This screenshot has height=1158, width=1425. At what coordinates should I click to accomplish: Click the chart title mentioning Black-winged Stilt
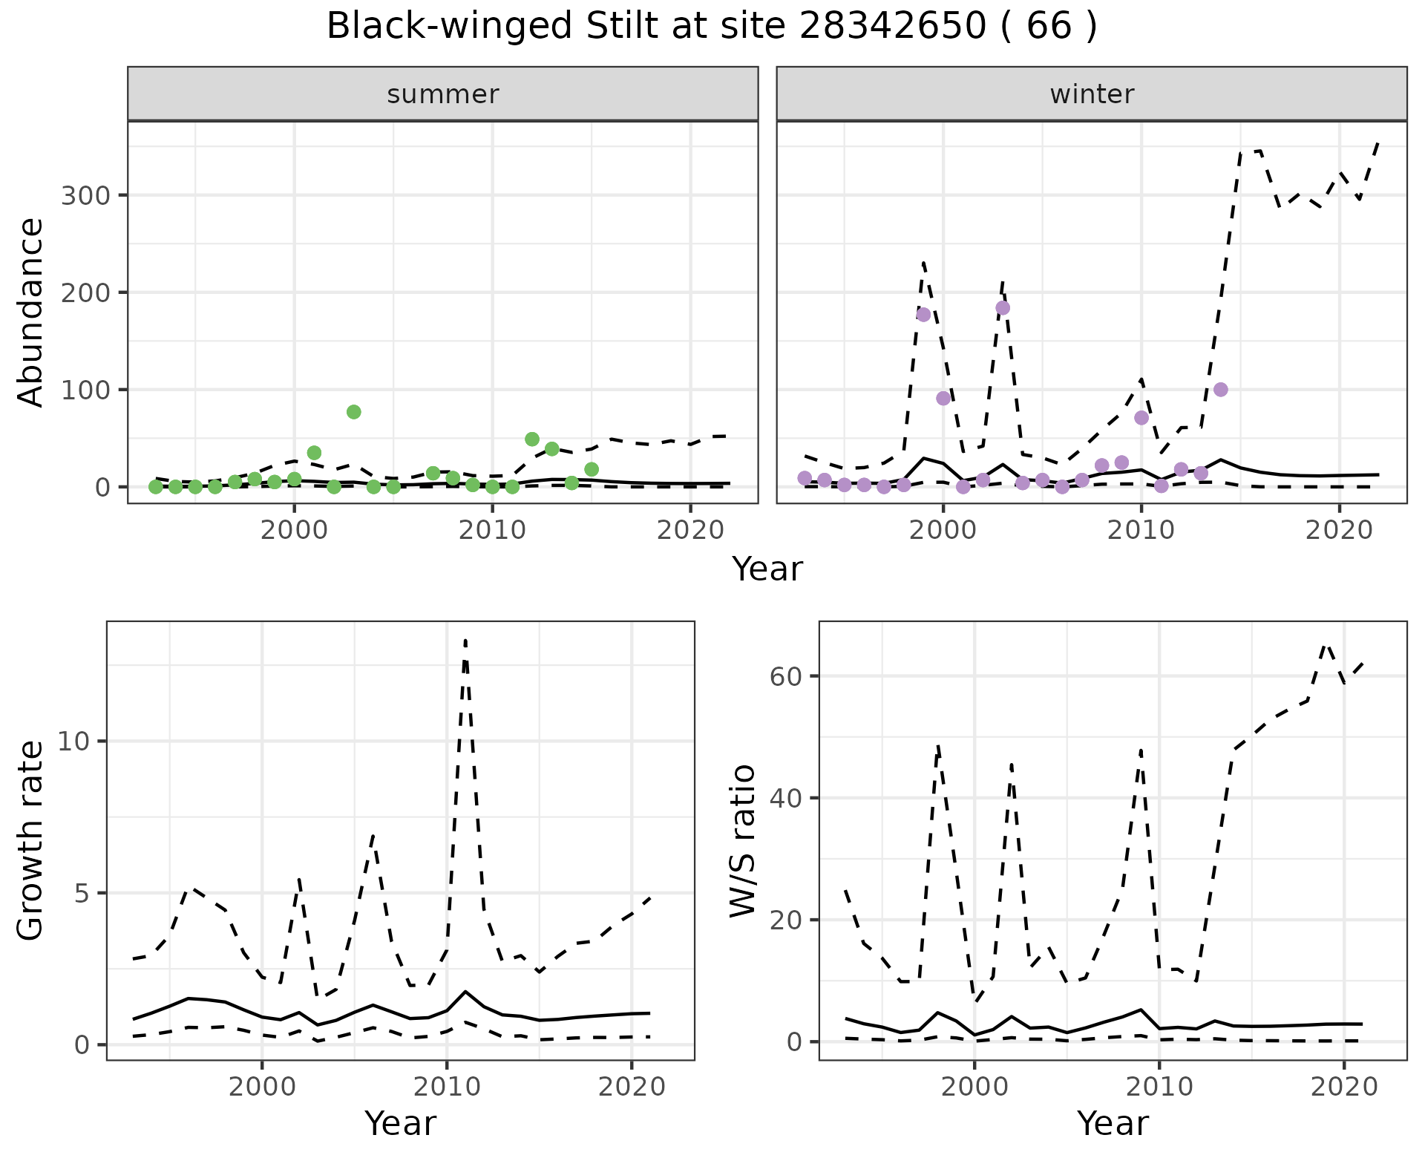coord(711,27)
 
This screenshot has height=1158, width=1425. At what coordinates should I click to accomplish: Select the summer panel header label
coord(442,94)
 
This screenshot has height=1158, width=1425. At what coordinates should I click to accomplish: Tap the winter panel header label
coord(1091,94)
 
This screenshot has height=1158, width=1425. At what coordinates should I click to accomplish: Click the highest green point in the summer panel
coord(354,412)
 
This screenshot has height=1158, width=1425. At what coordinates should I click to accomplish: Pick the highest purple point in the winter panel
coord(1003,308)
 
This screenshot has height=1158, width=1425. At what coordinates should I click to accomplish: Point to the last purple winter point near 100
coord(1221,390)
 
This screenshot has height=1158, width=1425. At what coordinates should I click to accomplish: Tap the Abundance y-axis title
coord(31,312)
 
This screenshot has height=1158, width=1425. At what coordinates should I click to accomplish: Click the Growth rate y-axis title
coord(31,840)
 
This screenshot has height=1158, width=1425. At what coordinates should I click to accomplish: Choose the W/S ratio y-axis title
coord(743,840)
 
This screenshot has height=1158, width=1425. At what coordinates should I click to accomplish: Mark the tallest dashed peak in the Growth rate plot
coord(465,640)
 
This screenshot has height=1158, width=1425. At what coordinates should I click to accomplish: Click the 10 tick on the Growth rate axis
coord(73,742)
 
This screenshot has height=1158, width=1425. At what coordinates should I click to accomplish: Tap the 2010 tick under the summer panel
coord(492,531)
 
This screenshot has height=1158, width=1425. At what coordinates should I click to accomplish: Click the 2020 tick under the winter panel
coord(1340,531)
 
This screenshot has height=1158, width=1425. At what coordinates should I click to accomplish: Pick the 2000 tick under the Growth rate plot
coord(261,1087)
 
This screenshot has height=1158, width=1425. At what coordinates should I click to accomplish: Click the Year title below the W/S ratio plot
coord(1113,1124)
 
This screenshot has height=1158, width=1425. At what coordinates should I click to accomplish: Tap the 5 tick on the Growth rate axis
coord(80,893)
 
